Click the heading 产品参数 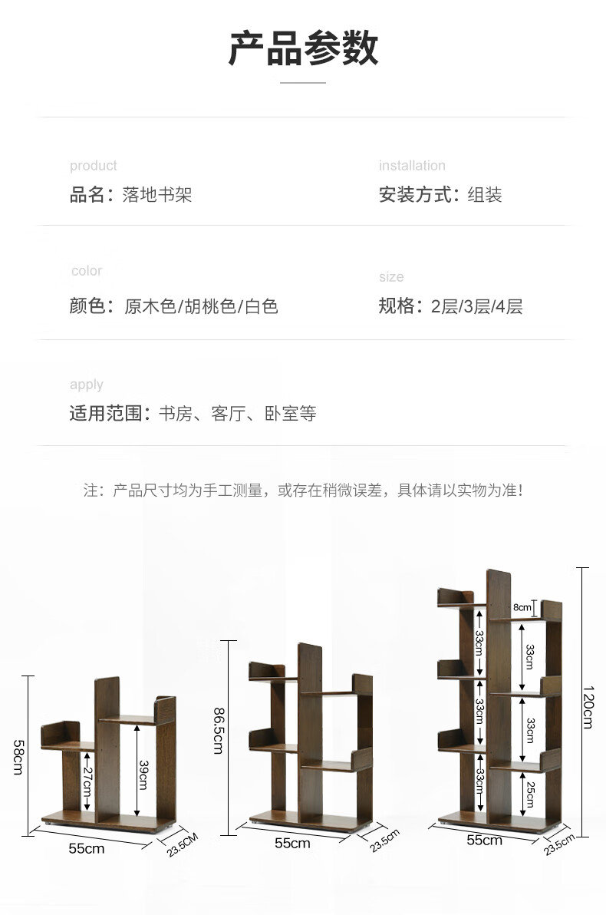pos(303,48)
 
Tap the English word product pos(94,166)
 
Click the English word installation pos(412,166)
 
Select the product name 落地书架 pos(157,195)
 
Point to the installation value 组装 pos(485,195)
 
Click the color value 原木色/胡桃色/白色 pos(201,307)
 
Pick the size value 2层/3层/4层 pos(476,307)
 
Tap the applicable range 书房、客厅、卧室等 pos(237,415)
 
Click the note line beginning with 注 pos(303,490)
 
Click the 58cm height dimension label pos(17,756)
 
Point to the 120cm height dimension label pos(588,706)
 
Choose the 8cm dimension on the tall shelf pos(522,608)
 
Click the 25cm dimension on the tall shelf pos(529,792)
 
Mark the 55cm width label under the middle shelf pos(292,843)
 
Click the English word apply pos(86,385)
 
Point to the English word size pos(390,277)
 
